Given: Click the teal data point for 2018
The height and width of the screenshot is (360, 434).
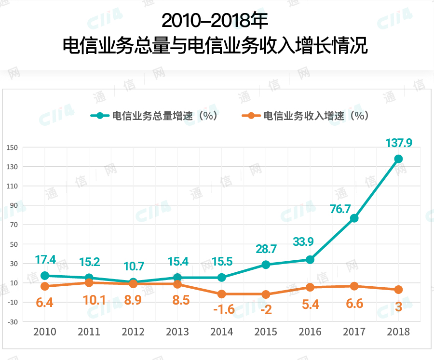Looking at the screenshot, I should point(398,159).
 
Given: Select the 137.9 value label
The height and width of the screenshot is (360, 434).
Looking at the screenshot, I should point(398,143).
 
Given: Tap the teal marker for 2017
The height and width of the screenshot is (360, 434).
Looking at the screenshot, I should point(354,218).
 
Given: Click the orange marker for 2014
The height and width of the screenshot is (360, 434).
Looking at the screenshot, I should point(221,294).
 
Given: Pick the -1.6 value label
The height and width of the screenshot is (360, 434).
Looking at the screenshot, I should point(223,309).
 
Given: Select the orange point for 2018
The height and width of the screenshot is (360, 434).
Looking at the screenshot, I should point(398,290).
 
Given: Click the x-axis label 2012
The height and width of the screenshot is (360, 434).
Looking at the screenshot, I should point(133,332).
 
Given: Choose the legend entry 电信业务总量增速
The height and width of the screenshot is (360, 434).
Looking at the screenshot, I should point(154,116).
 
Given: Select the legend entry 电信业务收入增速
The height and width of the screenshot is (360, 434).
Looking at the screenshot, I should point(305,116).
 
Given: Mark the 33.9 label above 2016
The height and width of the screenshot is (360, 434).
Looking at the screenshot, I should point(303,241).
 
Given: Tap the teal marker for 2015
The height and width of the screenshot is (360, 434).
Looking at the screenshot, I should point(266,265).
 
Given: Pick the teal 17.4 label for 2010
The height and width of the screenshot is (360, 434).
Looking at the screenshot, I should point(45,260).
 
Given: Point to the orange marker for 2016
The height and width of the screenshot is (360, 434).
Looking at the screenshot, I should point(310,287).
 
